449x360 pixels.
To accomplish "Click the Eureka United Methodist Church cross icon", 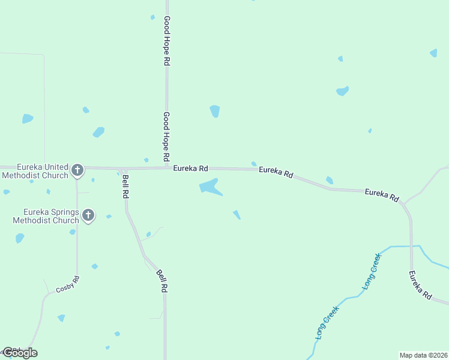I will [77, 170].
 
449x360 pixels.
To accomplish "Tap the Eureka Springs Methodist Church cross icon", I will [88, 215].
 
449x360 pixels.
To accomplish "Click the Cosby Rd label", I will [68, 284].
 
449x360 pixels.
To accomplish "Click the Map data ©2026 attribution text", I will [423, 355].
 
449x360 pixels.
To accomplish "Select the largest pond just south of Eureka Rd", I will [209, 187].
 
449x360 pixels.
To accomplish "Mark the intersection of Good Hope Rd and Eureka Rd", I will [167, 168].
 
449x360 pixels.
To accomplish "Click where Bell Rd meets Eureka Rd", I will [124, 169].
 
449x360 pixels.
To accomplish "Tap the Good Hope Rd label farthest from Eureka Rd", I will [167, 41].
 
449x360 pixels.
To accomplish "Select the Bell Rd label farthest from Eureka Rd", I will [161, 280].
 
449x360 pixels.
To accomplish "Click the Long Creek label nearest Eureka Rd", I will [372, 272].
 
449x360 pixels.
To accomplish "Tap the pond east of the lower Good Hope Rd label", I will [214, 111].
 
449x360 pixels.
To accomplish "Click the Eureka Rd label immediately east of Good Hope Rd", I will [190, 169].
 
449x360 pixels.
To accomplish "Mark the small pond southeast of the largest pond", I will [237, 214].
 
